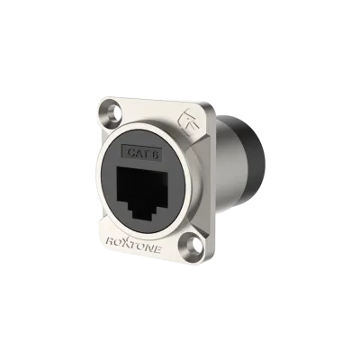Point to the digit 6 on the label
pyautogui.click(x=155, y=155)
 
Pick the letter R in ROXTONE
pyautogui.click(x=110, y=239)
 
